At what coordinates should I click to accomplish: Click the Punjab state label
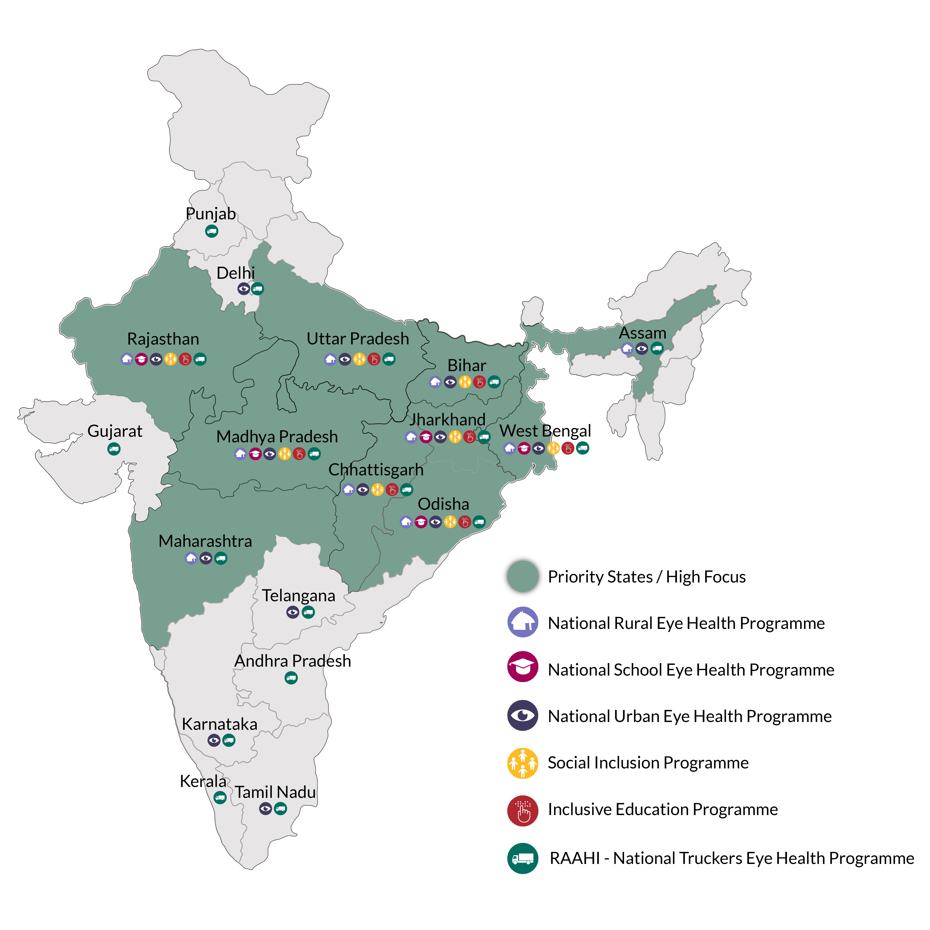pos(211,214)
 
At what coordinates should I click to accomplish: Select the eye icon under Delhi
pos(243,289)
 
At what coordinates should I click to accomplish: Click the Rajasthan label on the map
pos(163,339)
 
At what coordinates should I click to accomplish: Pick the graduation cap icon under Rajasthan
pos(141,359)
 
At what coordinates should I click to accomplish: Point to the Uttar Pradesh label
pos(358,339)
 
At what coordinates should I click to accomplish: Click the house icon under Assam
pos(627,349)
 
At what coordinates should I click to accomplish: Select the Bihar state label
pos(467,365)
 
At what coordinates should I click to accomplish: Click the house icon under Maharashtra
pos(191,558)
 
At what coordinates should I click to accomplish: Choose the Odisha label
pos(443,504)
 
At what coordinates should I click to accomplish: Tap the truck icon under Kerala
pos(220,798)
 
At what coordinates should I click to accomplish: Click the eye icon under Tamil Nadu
pos(265,809)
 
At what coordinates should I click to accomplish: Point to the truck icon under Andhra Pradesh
pos(291,678)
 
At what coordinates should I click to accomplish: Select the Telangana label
pos(298,596)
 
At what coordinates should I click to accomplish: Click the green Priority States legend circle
pos(523,576)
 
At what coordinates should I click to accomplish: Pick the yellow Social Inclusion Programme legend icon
pos(523,763)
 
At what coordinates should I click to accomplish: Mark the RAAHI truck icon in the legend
pos(523,858)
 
